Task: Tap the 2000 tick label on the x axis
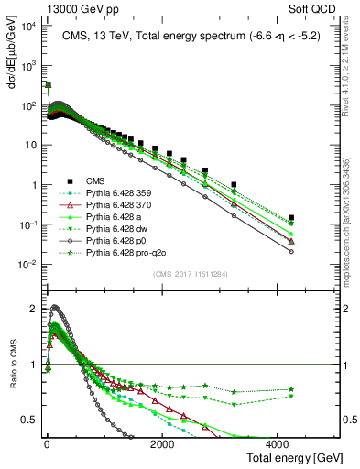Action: click(x=161, y=443)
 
